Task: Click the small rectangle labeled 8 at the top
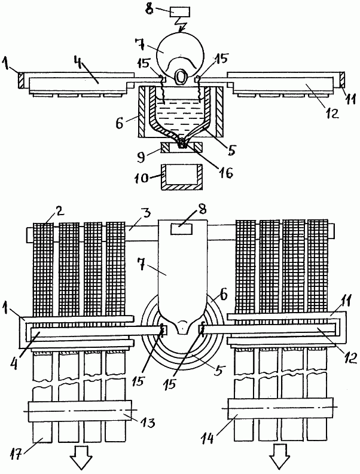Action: [x=178, y=11]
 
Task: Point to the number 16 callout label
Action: [x=225, y=173]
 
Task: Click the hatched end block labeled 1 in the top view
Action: [x=20, y=79]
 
